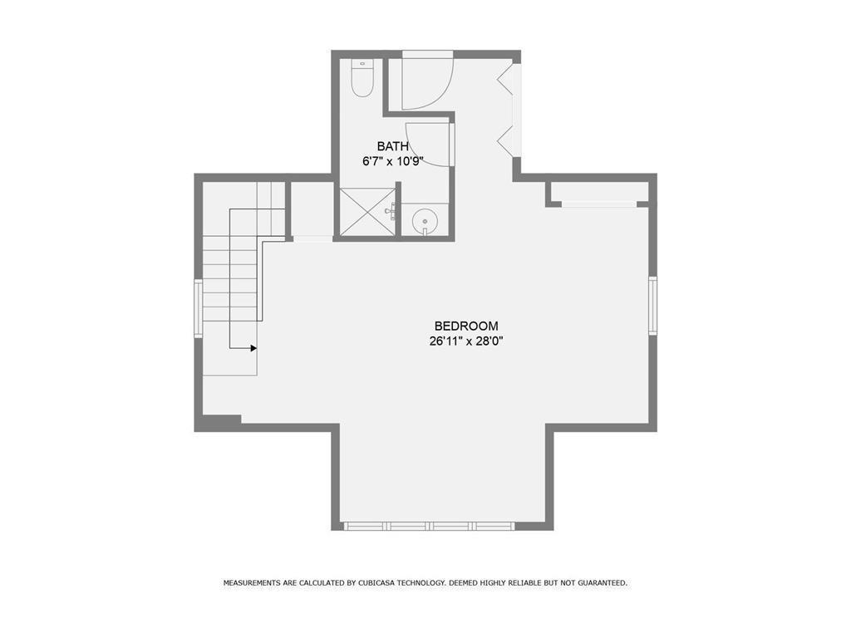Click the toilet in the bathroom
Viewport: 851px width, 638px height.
(362, 78)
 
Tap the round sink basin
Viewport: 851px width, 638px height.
(424, 222)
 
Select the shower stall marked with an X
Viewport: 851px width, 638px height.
(367, 212)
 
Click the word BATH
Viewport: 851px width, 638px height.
(393, 146)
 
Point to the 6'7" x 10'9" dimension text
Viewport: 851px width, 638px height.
(393, 161)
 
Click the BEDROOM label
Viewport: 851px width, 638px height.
(466, 326)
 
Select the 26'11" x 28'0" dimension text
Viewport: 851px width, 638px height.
(466, 341)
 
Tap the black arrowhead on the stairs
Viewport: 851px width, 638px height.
(253, 348)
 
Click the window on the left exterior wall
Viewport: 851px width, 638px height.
(199, 308)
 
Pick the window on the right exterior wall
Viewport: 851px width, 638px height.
(653, 306)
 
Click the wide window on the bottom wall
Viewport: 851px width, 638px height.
(429, 526)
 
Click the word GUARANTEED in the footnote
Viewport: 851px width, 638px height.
(603, 583)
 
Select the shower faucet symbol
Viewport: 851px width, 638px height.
(391, 210)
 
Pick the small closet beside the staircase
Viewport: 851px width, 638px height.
(312, 210)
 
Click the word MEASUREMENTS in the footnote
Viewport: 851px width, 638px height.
(252, 583)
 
